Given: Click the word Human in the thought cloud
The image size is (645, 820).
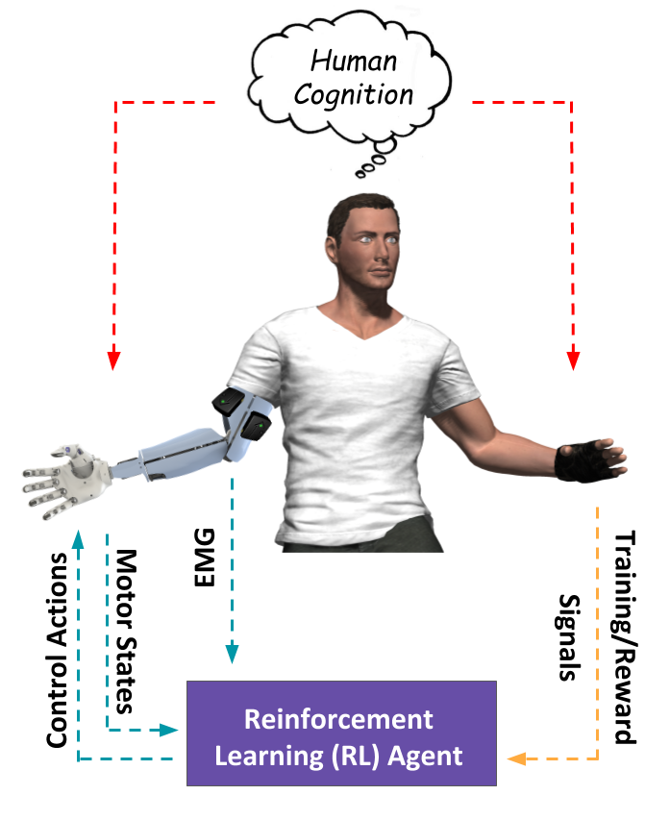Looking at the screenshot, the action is pyautogui.click(x=354, y=61).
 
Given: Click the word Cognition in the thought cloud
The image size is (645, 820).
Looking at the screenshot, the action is pyautogui.click(x=353, y=95).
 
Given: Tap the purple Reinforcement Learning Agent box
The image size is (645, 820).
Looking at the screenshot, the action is pyautogui.click(x=341, y=733).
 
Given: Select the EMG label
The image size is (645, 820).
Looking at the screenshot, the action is pyautogui.click(x=205, y=558).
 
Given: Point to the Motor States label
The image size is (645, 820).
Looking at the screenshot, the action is pyautogui.click(x=126, y=632).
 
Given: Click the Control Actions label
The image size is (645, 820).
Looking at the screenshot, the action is pyautogui.click(x=58, y=650).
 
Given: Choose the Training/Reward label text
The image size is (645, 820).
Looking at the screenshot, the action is pyautogui.click(x=624, y=637).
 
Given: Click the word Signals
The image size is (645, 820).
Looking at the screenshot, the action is pyautogui.click(x=568, y=637).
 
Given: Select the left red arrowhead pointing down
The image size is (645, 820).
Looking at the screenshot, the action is pyautogui.click(x=113, y=360).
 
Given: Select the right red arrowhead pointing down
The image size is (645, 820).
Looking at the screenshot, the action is pyautogui.click(x=573, y=360).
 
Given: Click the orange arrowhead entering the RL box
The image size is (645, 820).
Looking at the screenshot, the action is pyautogui.click(x=516, y=758).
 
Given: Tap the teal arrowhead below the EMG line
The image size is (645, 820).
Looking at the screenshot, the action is pyautogui.click(x=232, y=654).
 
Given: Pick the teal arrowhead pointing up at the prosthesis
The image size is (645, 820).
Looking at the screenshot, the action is pyautogui.click(x=78, y=539).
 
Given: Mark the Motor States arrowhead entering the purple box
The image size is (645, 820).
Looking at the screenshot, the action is pyautogui.click(x=168, y=730).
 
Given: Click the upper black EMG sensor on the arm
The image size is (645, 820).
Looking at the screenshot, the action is pyautogui.click(x=229, y=401).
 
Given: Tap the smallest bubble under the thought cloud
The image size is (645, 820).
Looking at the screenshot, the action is pyautogui.click(x=360, y=174).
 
